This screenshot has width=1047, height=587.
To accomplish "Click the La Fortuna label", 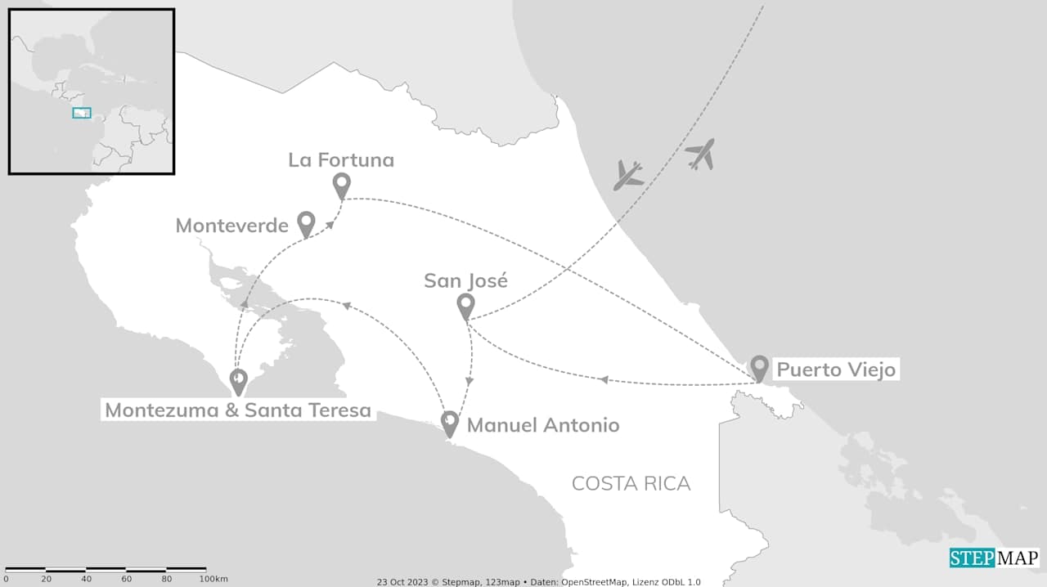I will [341, 160].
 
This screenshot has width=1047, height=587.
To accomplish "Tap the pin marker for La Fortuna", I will [342, 185].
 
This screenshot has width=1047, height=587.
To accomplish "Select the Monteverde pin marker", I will [306, 223].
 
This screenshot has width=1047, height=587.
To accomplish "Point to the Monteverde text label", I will [232, 226].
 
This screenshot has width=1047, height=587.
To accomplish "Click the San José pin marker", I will [465, 306].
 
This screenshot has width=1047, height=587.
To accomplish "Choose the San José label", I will [465, 281].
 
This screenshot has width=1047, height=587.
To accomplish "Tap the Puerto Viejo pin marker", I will [759, 368].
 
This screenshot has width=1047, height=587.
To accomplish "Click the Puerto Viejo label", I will [836, 370].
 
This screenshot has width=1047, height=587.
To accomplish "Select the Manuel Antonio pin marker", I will [449, 423].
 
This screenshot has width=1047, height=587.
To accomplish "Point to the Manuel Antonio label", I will [543, 425].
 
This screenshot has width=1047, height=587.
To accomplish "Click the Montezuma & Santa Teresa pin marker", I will [238, 380].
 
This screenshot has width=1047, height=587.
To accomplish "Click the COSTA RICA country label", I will [631, 483].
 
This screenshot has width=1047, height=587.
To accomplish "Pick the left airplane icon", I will [628, 175].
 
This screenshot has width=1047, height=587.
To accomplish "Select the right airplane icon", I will [701, 154].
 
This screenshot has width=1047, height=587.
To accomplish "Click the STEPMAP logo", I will [994, 558].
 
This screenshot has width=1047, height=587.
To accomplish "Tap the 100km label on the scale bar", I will [213, 579].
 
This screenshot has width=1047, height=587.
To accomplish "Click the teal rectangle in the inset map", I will [82, 113].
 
